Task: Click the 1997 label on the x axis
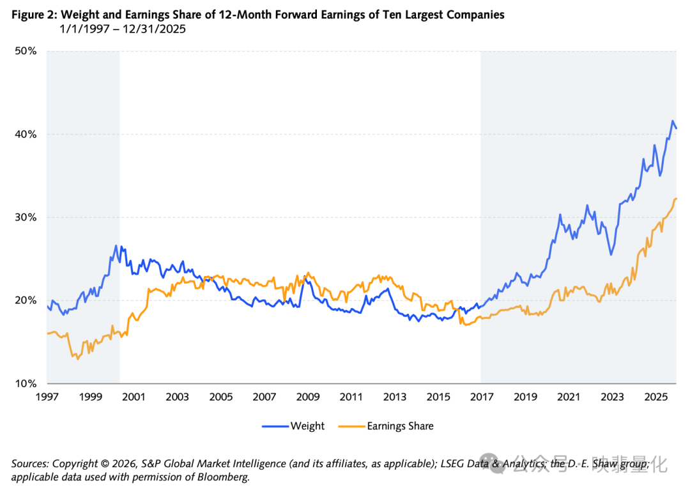(x=47, y=397)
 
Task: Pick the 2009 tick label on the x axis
(x=308, y=397)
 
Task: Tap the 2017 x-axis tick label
(x=482, y=397)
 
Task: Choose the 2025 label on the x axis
(x=655, y=397)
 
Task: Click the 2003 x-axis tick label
(x=177, y=397)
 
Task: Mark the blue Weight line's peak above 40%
(x=672, y=121)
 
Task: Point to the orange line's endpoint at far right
(x=677, y=199)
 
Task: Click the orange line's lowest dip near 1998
(x=78, y=359)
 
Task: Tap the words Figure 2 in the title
(x=31, y=15)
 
